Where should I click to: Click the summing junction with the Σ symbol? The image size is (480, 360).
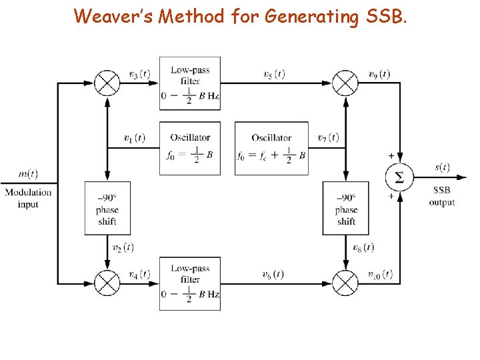tap(399, 177)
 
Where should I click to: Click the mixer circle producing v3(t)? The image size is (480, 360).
tap(107, 83)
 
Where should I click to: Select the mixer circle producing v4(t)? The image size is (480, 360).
tap(107, 283)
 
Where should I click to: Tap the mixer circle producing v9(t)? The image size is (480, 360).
tap(345, 83)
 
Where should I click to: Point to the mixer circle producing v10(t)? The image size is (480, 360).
tap(345, 283)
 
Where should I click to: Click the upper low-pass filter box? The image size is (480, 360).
tap(190, 83)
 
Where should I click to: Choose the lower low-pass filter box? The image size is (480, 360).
tap(190, 283)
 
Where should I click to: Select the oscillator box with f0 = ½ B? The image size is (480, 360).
tap(190, 148)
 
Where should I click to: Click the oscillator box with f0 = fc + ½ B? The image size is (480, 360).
tap(271, 148)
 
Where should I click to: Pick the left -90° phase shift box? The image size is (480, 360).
tap(107, 209)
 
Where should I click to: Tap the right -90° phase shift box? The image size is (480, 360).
tap(346, 209)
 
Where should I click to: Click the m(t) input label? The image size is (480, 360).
tap(27, 175)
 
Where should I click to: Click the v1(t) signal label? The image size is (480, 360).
tap(135, 138)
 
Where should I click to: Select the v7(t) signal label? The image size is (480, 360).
tap(328, 138)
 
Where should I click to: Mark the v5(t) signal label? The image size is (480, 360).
tap(273, 74)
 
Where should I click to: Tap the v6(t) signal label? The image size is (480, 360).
tap(273, 274)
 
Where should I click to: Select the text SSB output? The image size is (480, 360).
tap(441, 196)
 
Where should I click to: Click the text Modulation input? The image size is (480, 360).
tap(27, 198)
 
